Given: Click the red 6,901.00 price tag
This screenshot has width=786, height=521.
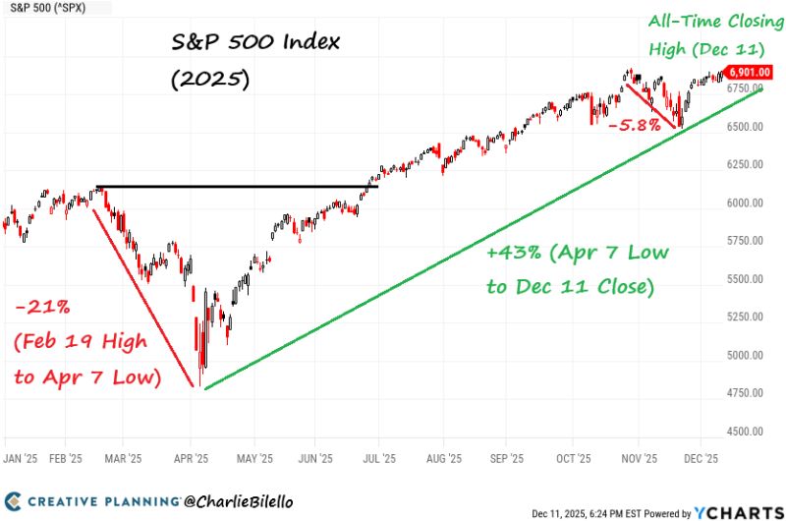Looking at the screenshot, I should tap(747, 72).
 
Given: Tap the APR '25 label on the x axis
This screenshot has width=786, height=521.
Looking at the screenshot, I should tap(190, 458).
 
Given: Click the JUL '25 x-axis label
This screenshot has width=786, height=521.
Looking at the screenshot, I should tap(380, 458).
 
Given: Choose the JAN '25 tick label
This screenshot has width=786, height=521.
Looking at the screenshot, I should tap(21, 458).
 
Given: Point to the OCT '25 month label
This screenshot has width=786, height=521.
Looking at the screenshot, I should tap(571, 458).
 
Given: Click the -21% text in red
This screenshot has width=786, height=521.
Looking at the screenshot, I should tap(42, 309).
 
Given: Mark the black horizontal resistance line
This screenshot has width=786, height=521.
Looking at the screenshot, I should tap(236, 187).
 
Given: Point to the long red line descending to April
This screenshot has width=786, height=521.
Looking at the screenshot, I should tap(142, 295).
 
